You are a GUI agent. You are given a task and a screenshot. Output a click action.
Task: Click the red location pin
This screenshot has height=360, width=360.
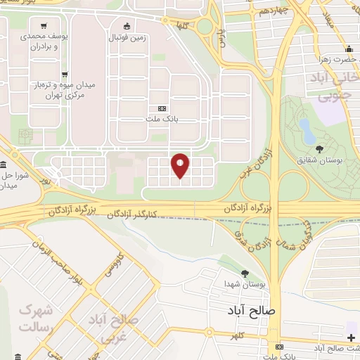[181, 165]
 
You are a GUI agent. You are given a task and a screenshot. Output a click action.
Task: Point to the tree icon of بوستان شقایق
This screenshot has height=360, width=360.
[320, 148]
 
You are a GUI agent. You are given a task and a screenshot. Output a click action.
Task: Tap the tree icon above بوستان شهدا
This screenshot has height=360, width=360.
[244, 274]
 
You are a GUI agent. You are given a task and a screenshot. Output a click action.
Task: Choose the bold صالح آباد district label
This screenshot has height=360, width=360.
[253, 309]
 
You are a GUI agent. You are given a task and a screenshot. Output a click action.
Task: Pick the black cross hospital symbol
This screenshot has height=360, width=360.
[351, 338]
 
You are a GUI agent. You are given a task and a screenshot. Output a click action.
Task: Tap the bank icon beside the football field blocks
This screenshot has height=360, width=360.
[162, 108]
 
